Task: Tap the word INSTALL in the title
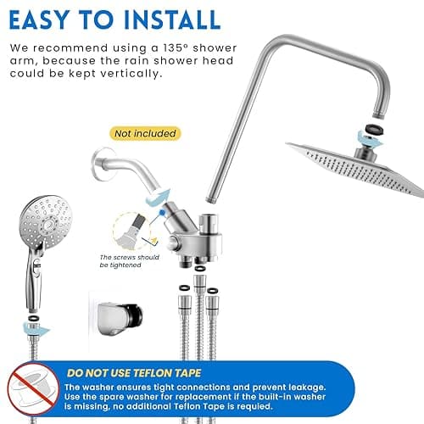pos(166,20)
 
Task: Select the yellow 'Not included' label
pos(144,133)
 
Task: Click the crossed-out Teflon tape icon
pos(33,388)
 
